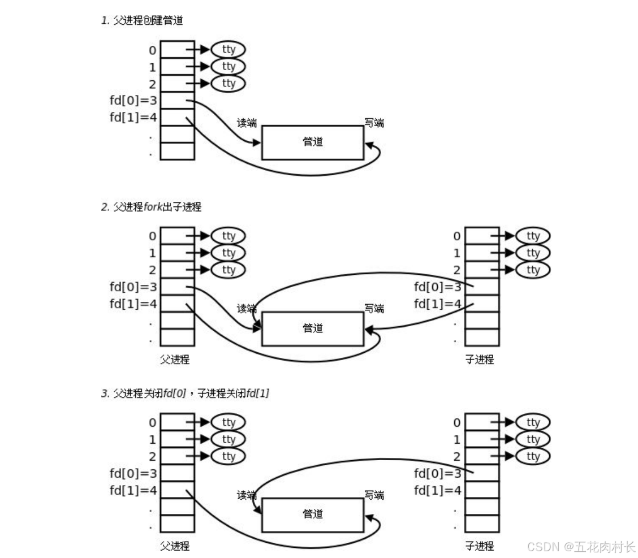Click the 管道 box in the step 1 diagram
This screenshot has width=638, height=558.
point(312,142)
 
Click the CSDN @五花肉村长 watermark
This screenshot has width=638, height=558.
point(581,547)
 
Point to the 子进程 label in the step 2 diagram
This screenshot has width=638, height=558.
point(479,360)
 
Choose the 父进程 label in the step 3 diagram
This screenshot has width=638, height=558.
point(175,546)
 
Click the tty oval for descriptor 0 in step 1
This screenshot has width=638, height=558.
point(229,50)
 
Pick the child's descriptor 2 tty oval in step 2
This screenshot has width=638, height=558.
point(533,270)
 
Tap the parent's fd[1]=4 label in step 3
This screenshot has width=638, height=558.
point(133,490)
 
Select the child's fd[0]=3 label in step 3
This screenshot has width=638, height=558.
point(437,473)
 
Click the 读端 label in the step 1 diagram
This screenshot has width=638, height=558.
point(247,123)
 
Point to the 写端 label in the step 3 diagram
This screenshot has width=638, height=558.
point(374,495)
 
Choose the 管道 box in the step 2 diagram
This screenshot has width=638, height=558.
point(312,328)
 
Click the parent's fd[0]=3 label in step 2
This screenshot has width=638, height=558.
point(133,287)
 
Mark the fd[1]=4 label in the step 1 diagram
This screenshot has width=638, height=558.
point(133,118)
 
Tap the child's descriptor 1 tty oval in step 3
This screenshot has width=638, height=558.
point(533,439)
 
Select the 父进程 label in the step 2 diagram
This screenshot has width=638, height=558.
point(175,360)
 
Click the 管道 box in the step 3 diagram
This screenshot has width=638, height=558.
point(312,514)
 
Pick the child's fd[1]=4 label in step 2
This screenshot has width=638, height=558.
point(437,304)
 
